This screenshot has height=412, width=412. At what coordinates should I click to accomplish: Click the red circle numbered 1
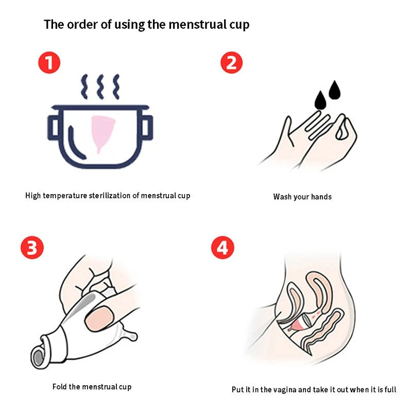pos(49,62)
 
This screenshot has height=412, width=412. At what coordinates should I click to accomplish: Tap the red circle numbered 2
pos(231,62)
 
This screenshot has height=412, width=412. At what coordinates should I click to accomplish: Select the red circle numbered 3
pos(32,248)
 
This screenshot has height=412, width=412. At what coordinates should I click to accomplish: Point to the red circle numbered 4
pos(222,248)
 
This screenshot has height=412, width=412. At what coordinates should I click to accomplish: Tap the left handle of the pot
pos(53,127)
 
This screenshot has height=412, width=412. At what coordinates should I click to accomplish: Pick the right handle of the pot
pos(147,127)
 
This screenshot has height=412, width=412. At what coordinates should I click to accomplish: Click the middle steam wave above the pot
pos(100,87)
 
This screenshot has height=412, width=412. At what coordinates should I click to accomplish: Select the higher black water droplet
pos(334,91)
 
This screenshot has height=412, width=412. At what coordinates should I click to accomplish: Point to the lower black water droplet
pos(320,100)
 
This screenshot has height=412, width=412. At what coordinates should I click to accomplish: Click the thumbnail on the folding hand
pos(99,319)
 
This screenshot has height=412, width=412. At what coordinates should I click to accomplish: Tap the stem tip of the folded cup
pos(133,337)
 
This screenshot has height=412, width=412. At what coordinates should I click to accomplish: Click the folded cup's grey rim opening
pos(38,357)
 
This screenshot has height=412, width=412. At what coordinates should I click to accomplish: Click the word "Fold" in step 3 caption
pos(59,387)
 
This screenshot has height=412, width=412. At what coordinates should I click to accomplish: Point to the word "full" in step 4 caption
pos(391,389)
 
